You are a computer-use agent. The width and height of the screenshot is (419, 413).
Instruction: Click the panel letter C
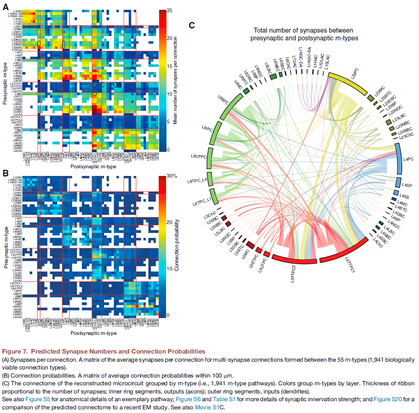[194, 25]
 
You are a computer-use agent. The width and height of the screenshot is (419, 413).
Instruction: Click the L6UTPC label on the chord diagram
[199, 156]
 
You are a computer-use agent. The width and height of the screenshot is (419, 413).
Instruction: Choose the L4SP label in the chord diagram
[408, 186]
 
